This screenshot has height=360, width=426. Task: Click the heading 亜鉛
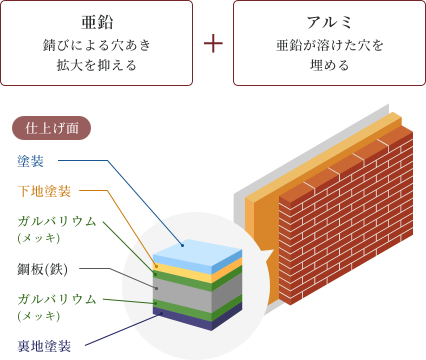tap(96, 22)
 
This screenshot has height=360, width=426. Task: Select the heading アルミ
tap(329, 22)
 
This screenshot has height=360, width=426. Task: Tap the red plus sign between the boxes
tap(213, 44)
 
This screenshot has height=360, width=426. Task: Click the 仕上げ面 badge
tap(51, 128)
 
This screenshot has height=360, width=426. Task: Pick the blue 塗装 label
tap(30, 161)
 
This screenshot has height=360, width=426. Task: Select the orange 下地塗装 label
tap(44, 191)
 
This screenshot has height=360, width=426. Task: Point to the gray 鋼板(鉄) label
tap(42, 269)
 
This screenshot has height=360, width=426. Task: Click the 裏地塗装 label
tap(44, 345)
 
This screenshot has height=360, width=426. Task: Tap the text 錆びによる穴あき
tap(96, 45)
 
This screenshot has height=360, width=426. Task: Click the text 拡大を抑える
tap(96, 65)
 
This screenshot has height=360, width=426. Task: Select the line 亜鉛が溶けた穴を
tap(329, 45)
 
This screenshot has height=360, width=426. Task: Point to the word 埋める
tap(329, 65)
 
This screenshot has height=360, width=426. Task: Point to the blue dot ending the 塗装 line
tap(182, 245)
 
